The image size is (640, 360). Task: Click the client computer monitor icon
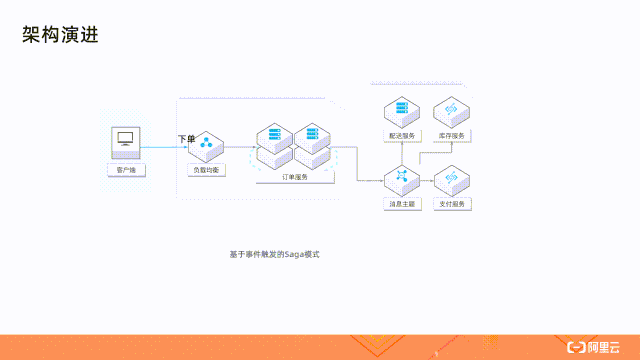[126, 140]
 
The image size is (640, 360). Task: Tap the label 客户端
[126, 170]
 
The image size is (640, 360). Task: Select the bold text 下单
[186, 138]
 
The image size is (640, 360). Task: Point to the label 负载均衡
[209, 171]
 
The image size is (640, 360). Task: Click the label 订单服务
[294, 176]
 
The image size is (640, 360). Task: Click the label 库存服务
[451, 135]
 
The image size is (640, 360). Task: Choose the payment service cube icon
[451, 179]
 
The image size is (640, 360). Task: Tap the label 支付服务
[451, 204]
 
